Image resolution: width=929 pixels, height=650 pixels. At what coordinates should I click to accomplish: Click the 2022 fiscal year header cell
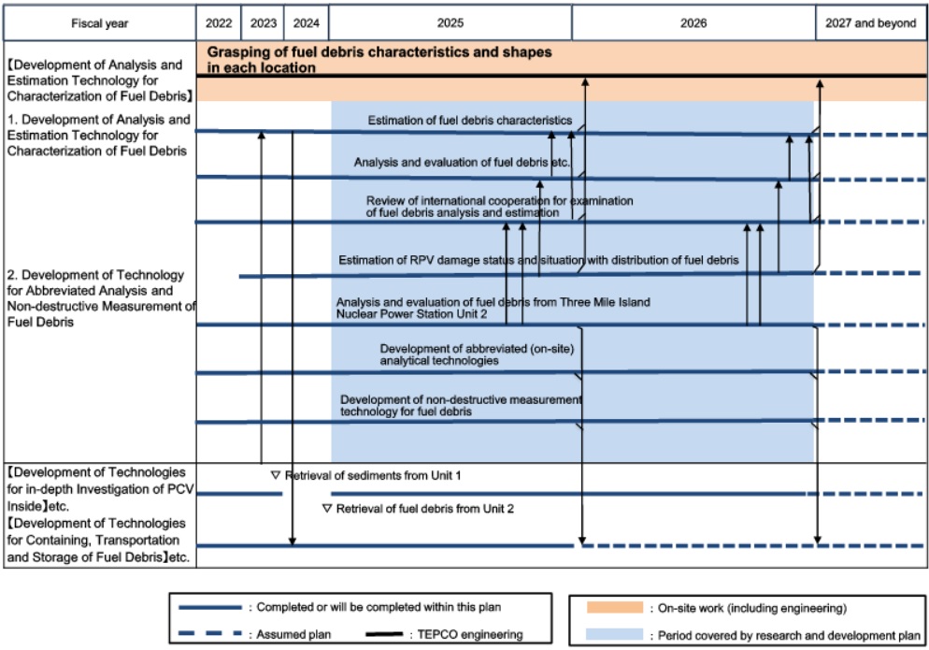219,23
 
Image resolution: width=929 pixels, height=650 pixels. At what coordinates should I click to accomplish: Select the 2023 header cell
263,23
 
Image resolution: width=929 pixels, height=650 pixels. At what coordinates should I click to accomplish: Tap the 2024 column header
307,23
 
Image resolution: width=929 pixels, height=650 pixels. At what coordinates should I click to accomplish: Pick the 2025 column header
450,23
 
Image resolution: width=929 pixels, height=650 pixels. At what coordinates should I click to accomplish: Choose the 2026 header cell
693,23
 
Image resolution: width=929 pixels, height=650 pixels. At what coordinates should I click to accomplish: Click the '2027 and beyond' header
871,23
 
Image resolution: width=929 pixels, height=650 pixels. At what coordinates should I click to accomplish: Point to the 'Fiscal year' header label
100,23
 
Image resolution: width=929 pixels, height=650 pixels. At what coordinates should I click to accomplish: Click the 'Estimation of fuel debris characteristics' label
469,121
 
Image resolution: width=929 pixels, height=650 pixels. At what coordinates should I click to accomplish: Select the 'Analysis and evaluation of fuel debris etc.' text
462,163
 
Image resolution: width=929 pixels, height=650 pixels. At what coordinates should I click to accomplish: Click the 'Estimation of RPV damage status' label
538,259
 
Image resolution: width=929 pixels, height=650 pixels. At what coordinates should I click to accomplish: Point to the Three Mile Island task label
493,308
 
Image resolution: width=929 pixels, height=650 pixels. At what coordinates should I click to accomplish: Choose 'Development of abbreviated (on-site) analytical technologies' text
476,354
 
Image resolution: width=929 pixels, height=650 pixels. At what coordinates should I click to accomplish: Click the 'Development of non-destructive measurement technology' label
461,405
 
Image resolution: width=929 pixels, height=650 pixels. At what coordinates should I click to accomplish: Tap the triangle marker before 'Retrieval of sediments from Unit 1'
275,475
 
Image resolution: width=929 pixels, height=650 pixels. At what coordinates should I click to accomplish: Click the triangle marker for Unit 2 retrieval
326,509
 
